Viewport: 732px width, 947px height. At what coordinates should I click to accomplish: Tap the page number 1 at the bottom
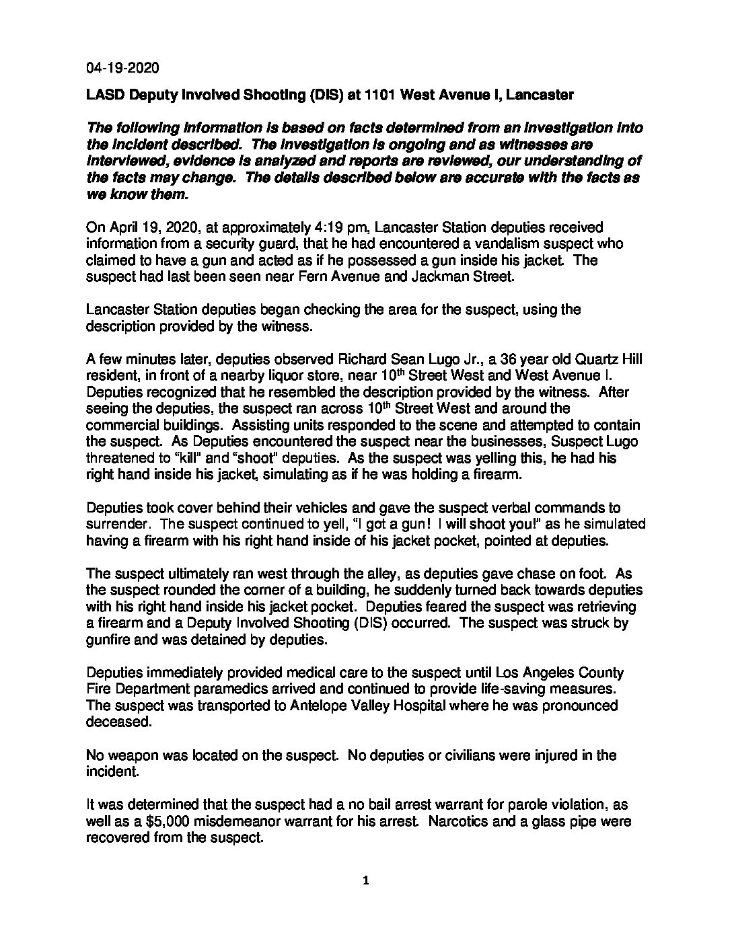point(365,881)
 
